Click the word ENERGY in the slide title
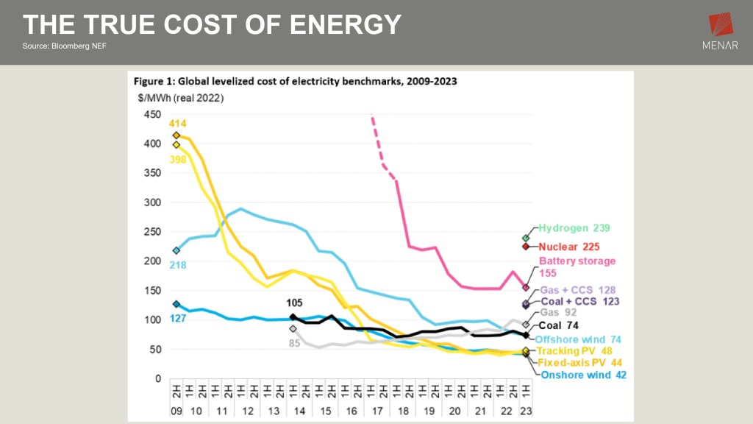[x=346, y=25]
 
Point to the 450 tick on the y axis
[x=151, y=115]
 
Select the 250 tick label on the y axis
[x=151, y=232]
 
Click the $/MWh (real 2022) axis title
[x=177, y=98]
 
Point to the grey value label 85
[x=293, y=342]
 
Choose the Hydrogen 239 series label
[x=574, y=228]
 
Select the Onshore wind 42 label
[x=583, y=375]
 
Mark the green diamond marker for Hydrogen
[x=526, y=238]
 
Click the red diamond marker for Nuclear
[x=526, y=247]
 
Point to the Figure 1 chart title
[x=294, y=81]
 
